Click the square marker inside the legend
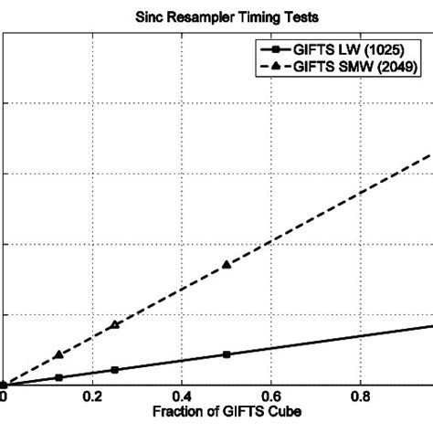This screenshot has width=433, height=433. click(x=273, y=48)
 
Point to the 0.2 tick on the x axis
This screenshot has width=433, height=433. click(x=92, y=398)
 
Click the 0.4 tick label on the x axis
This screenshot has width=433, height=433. click(x=182, y=398)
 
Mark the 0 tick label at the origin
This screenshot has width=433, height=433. click(x=4, y=398)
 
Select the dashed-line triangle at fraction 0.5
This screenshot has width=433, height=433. click(x=227, y=265)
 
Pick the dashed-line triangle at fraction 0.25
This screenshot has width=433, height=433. click(x=115, y=324)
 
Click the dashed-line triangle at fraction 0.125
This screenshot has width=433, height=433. click(x=58, y=354)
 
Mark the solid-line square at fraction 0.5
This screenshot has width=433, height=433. click(x=227, y=354)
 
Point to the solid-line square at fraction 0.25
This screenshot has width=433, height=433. click(x=115, y=370)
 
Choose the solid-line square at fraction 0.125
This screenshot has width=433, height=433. click(x=58, y=377)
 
